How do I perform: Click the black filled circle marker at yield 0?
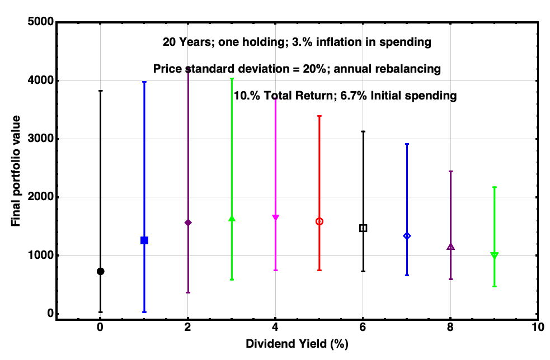100,271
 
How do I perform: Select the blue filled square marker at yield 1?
144,240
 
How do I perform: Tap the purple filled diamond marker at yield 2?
188,222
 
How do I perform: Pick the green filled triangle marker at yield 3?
232,219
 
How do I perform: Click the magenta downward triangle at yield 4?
275,217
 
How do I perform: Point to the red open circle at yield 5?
319,221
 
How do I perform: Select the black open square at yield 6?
363,228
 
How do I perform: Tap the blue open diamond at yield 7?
407,236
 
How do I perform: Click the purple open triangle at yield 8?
451,247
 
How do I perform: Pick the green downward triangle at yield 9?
495,255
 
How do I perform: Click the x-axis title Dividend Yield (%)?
297,344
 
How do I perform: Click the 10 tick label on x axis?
538,327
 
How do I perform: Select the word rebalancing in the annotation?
411,69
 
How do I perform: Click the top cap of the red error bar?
319,116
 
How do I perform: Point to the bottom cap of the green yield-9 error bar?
495,286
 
